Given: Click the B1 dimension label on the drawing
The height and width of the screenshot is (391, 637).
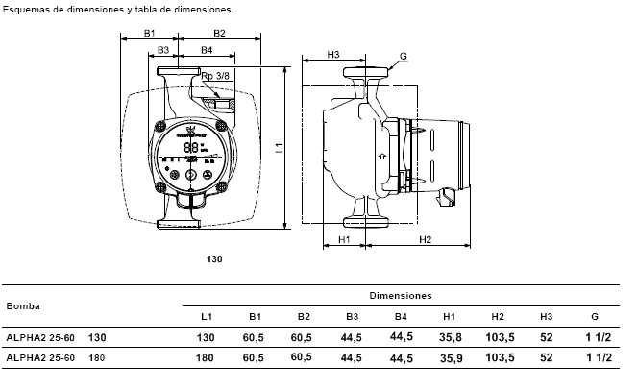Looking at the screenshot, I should coord(150,33).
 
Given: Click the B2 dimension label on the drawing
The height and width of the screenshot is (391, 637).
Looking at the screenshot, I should coord(219,33).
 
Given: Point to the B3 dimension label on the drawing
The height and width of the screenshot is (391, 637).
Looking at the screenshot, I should coord(163,50).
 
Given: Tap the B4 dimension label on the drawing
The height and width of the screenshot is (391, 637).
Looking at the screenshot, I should coord(207,50).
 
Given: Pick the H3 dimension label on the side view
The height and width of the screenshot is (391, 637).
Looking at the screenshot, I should coord(333,55).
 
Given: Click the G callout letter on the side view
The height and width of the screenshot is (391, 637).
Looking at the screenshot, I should coord(404,57).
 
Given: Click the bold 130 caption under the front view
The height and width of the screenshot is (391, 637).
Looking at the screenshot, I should coord(214,259).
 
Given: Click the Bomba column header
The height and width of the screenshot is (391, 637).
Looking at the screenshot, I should coord(23,306).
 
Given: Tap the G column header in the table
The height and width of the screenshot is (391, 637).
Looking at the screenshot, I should coord(595,316).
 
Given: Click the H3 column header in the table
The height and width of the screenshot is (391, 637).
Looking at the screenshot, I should coord(547,316).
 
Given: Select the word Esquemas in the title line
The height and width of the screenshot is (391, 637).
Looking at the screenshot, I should coord(23,8).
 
